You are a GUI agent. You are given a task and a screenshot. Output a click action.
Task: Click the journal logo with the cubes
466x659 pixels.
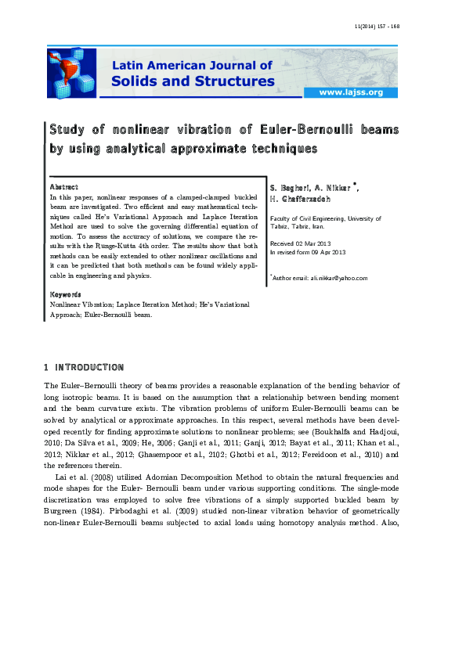click(71, 73)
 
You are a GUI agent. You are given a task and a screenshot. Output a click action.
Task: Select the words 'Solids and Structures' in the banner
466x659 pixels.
click(193, 81)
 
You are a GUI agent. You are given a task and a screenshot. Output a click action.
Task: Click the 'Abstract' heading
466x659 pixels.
click(63, 187)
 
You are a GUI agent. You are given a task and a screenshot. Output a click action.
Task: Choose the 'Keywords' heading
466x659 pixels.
click(66, 294)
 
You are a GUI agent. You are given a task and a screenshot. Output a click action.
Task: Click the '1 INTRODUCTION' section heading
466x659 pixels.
click(84, 367)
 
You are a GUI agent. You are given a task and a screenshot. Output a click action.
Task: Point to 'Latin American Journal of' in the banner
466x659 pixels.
click(193, 66)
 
